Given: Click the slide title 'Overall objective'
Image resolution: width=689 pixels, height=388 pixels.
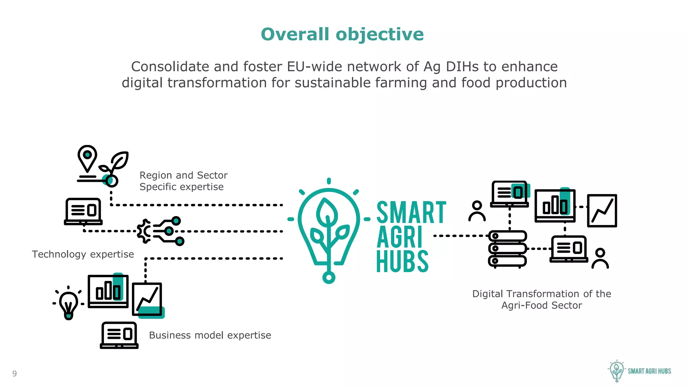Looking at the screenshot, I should (x=342, y=34).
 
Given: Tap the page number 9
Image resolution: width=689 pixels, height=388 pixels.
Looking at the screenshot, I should (x=14, y=373).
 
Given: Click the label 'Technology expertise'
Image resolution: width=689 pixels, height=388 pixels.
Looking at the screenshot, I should (x=83, y=254).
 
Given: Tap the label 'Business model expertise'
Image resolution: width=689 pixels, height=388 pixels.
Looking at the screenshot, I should (x=210, y=335).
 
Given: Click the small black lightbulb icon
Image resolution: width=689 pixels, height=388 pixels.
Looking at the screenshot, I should (x=69, y=303).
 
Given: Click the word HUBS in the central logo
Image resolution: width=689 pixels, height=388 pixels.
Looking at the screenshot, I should (x=402, y=262).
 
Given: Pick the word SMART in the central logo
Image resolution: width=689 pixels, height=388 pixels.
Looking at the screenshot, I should (x=411, y=213).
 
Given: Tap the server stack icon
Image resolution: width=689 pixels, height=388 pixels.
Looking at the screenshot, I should (x=507, y=249).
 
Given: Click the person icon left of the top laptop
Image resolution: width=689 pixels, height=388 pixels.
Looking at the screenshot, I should (x=477, y=211).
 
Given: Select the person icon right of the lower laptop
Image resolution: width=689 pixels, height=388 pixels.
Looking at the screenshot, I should (x=600, y=258).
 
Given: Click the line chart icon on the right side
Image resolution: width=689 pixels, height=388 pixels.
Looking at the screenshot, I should (x=602, y=211).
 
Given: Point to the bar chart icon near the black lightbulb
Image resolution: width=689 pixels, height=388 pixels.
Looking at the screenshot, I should (x=108, y=291).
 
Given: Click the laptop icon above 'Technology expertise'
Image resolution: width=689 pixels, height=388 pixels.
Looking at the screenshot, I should (x=83, y=212).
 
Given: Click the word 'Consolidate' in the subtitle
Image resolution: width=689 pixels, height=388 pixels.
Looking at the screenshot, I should (x=170, y=67).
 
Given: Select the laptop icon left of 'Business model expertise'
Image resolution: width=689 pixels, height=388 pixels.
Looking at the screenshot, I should (x=119, y=335).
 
